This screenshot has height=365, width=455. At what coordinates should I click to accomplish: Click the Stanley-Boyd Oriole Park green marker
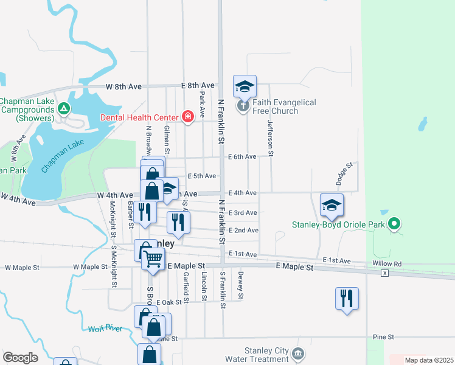point(394,225)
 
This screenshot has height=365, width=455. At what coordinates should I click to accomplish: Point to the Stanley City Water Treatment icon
point(297,353)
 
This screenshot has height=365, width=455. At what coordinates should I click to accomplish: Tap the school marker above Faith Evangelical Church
point(245,86)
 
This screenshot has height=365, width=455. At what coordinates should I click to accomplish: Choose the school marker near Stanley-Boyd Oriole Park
point(332,206)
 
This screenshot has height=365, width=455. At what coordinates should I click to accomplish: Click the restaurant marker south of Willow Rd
point(347,299)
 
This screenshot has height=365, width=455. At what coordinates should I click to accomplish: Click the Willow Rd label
point(389,264)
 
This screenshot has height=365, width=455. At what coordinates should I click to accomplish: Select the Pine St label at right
point(383,336)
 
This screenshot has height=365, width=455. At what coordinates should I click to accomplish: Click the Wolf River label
point(105,329)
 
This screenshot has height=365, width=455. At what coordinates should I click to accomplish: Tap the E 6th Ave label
point(242,157)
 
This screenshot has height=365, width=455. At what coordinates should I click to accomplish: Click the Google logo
point(20,358)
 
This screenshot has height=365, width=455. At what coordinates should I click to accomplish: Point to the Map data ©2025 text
point(429,360)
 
